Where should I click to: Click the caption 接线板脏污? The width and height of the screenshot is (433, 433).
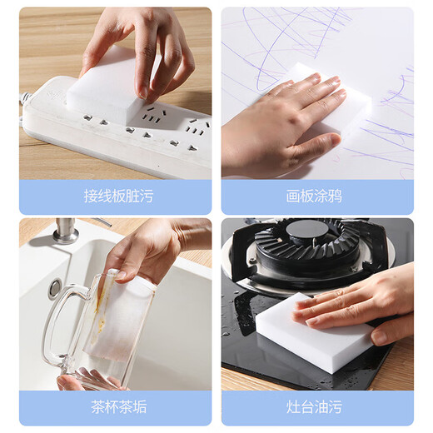(x=118, y=197)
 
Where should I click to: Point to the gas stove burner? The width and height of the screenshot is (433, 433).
(x=308, y=250)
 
